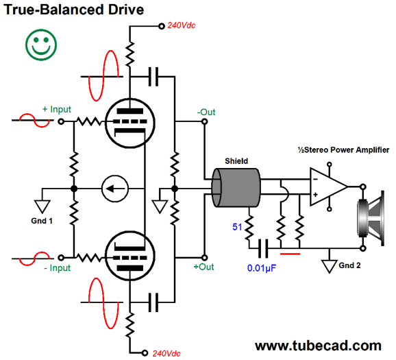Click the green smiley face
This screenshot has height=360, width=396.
coord(42,45)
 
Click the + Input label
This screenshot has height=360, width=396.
coord(56,109)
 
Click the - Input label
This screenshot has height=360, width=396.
coord(55,268)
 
